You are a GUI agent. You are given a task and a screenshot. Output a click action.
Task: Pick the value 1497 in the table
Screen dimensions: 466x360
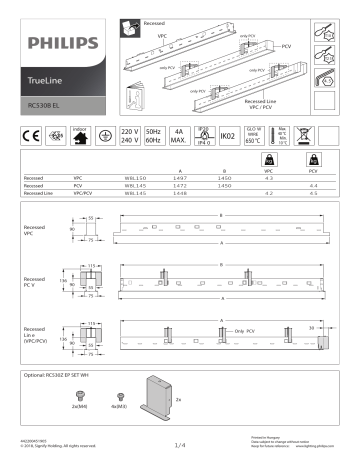181,178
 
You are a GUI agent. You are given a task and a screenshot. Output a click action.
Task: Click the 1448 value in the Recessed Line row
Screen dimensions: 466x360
181,192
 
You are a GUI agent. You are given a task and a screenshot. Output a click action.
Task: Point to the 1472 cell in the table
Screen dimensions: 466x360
181,185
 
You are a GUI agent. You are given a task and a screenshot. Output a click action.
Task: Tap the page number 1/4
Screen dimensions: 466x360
180,446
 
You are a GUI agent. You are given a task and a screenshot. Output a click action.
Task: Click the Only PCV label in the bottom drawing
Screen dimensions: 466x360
246,330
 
